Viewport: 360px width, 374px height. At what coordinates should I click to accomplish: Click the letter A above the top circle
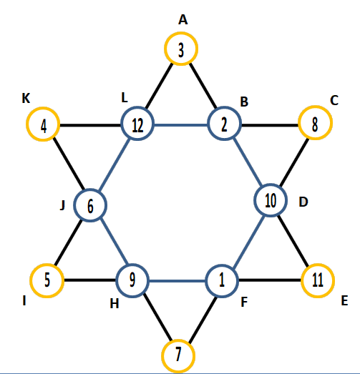(183, 19)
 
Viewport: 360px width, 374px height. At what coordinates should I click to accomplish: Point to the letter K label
(26, 98)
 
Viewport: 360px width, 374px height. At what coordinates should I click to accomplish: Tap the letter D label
(303, 202)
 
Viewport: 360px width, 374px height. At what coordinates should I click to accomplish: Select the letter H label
(115, 304)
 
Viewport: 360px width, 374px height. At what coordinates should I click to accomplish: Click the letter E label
(344, 300)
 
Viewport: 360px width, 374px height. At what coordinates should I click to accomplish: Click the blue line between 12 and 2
(181, 124)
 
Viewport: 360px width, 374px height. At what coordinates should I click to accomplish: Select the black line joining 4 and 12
(90, 125)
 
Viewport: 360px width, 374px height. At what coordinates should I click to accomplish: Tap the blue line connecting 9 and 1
(177, 281)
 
